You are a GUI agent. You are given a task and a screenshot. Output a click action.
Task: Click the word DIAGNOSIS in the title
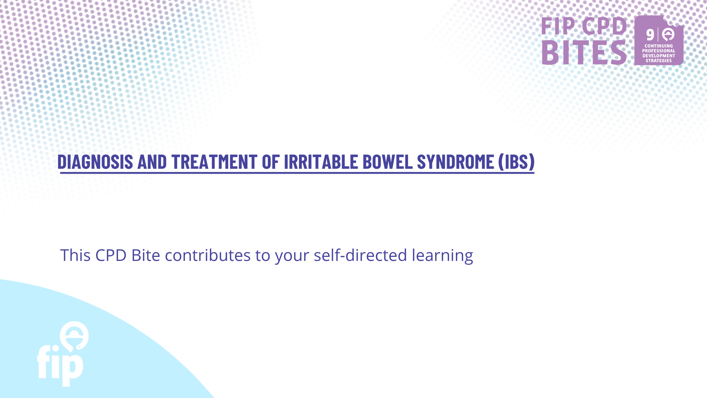tap(95, 161)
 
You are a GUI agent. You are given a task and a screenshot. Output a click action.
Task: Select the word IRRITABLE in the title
tap(321, 161)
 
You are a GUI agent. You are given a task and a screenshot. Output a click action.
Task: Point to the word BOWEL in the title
tap(388, 161)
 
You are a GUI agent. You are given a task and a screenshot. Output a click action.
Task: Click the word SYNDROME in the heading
tap(455, 161)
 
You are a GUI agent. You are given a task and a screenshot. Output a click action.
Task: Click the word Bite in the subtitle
tap(146, 255)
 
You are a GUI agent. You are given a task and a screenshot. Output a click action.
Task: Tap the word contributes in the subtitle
tap(208, 255)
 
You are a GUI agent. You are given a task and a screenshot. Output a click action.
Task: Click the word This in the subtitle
tap(75, 255)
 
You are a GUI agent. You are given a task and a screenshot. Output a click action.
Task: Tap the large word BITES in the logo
tap(584, 52)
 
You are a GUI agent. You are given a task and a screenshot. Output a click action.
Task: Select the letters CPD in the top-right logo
tap(604, 26)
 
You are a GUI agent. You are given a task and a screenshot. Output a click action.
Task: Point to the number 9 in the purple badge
tap(650, 35)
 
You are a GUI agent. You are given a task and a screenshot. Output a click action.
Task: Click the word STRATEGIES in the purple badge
tap(659, 61)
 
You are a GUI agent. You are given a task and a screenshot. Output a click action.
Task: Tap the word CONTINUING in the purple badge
tap(659, 46)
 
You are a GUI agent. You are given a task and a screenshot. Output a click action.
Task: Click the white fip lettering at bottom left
tap(60, 366)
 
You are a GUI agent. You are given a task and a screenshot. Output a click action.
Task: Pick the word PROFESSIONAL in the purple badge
tap(659, 51)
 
